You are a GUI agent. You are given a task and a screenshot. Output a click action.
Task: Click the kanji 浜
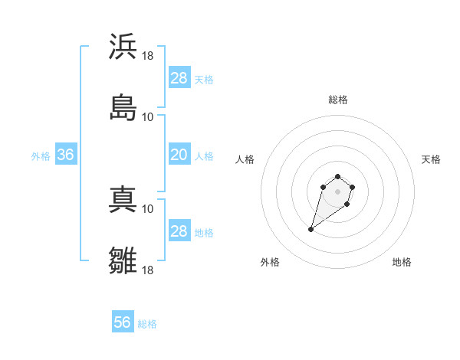(123, 46)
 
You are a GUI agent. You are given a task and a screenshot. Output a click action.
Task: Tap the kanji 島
(123, 107)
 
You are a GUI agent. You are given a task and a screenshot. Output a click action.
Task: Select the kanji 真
(123, 199)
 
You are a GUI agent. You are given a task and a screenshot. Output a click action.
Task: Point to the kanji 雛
(123, 260)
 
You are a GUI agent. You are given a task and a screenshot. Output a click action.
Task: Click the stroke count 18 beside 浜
(148, 56)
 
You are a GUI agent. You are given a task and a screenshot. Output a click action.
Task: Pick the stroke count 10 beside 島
(148, 117)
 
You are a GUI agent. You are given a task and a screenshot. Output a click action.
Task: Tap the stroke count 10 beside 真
(148, 208)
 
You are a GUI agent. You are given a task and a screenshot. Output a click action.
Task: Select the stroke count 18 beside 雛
(148, 270)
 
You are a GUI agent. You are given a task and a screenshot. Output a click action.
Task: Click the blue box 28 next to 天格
(179, 78)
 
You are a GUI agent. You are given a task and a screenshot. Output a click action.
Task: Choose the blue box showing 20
(179, 155)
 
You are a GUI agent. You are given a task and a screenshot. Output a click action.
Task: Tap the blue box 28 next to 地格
(179, 231)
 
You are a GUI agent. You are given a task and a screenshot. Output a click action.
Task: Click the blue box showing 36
(66, 155)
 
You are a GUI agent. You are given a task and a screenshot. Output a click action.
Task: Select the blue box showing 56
(123, 322)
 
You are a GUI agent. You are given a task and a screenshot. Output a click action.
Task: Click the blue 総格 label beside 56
(147, 324)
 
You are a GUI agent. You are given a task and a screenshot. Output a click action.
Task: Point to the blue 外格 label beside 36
(41, 156)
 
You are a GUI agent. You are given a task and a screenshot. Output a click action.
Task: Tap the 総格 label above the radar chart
(338, 100)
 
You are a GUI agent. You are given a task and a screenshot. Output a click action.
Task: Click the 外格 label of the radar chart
(270, 262)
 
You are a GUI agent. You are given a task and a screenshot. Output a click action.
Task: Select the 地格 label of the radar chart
(402, 262)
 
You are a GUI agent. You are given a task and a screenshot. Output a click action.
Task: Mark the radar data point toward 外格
(311, 229)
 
